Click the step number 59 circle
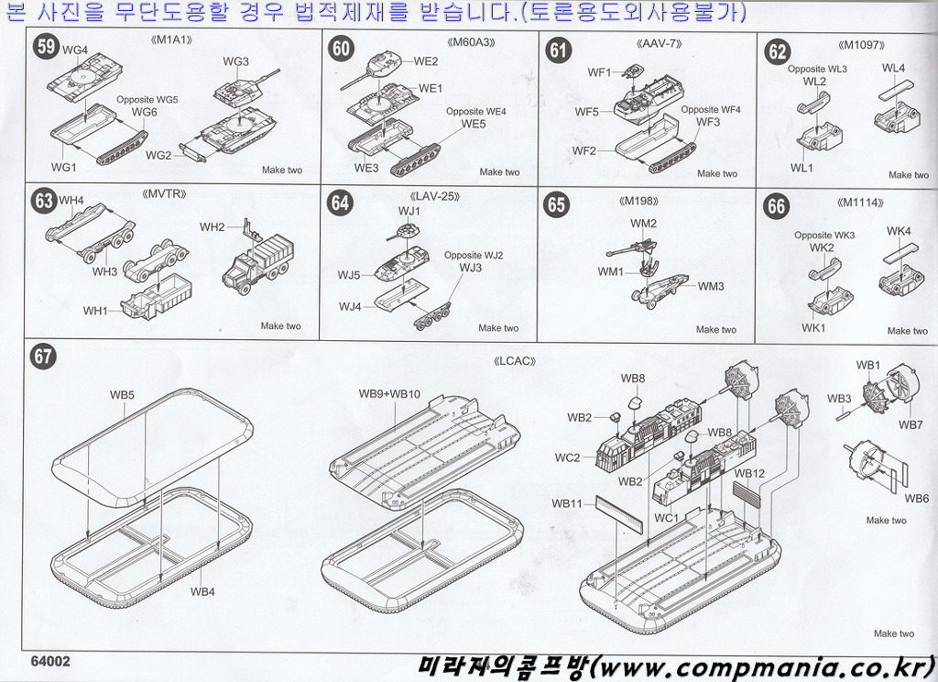pyautogui.click(x=45, y=47)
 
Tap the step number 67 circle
pyautogui.click(x=44, y=357)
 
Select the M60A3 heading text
pyautogui.click(x=473, y=43)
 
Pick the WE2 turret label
pyautogui.click(x=426, y=61)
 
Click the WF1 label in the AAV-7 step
pyautogui.click(x=599, y=71)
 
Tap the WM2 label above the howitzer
pyautogui.click(x=643, y=224)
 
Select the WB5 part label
pyautogui.click(x=123, y=395)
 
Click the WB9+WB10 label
pyautogui.click(x=389, y=394)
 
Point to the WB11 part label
pyautogui.click(x=567, y=503)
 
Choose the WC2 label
pyautogui.click(x=567, y=457)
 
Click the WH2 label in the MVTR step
pyautogui.click(x=213, y=227)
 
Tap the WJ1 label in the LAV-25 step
pyautogui.click(x=409, y=211)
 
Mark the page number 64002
pyautogui.click(x=50, y=660)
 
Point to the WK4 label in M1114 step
pyautogui.click(x=899, y=231)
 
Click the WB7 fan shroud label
pyautogui.click(x=910, y=424)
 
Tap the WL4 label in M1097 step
pyautogui.click(x=893, y=69)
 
